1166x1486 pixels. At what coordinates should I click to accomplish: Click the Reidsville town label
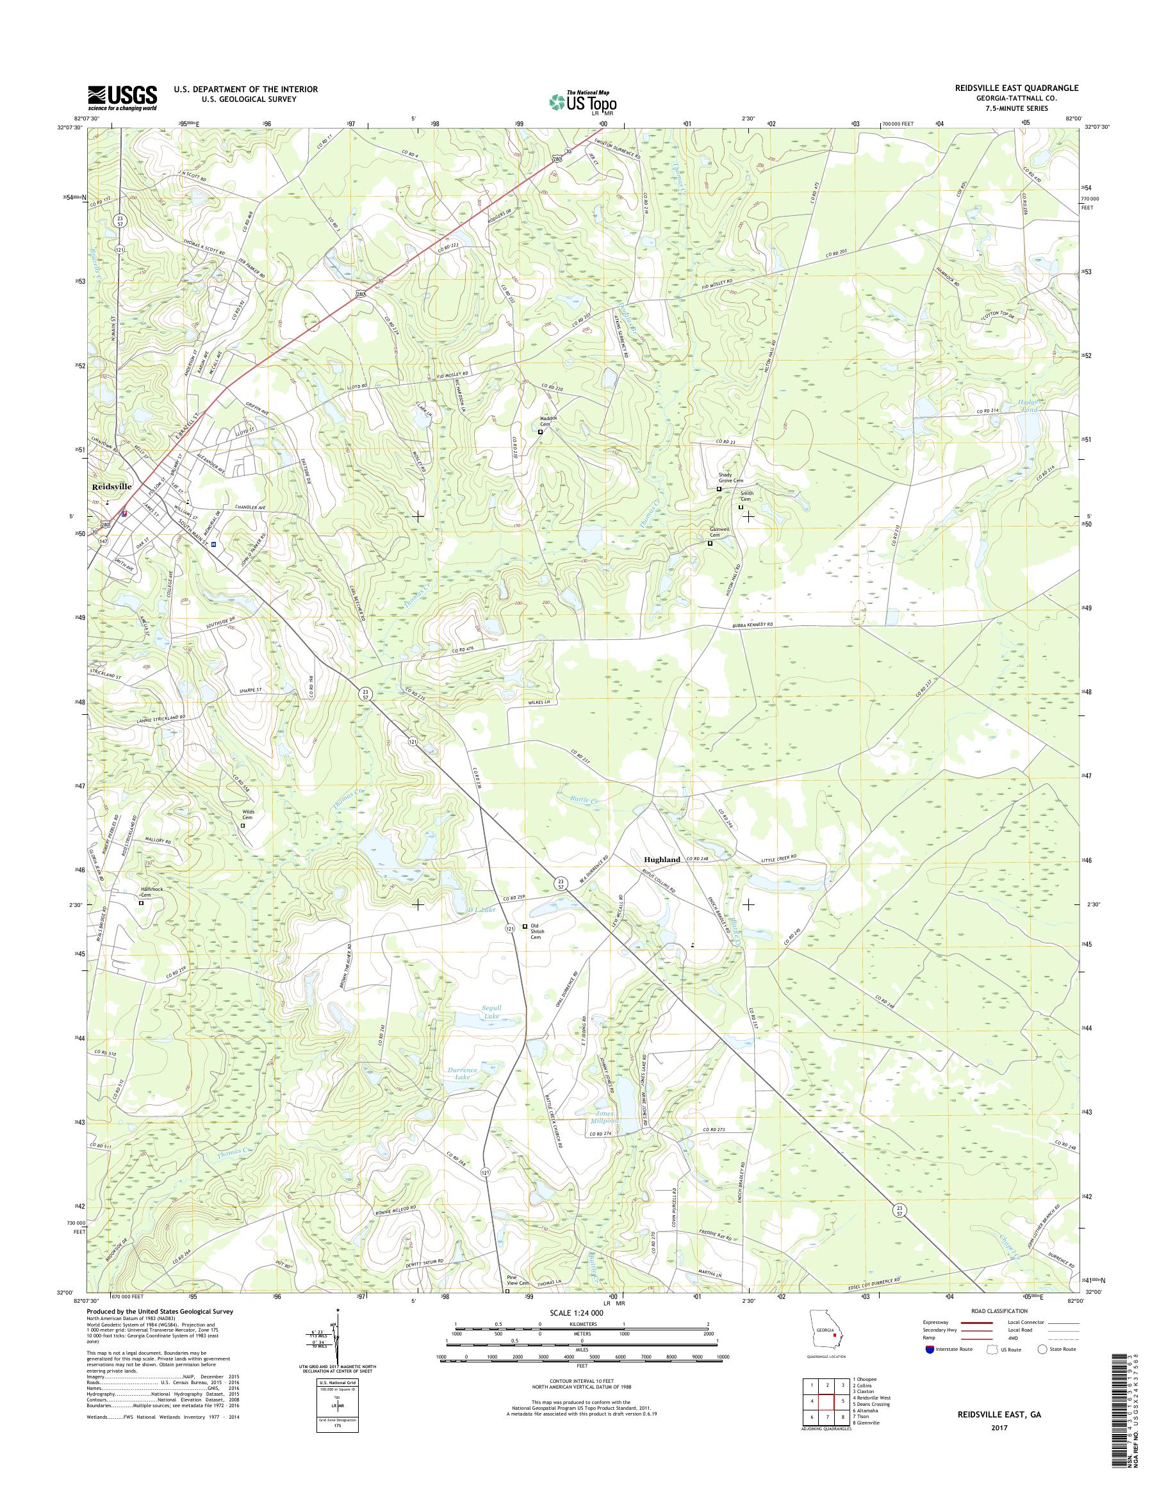coord(113,487)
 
